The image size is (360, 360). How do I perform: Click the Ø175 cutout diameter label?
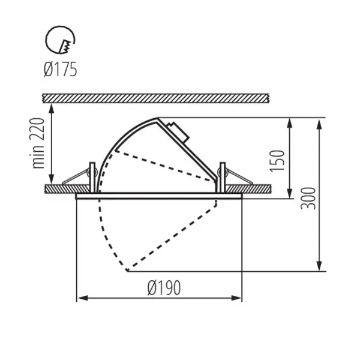coord(60,70)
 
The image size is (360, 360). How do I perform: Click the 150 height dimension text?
coord(277,160)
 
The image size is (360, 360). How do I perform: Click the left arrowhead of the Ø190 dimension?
coord(82,297)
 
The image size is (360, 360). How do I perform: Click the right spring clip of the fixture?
coord(236,176)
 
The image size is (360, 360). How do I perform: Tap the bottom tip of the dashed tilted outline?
coord(127,271)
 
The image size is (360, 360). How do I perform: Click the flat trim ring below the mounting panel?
coord(159,196)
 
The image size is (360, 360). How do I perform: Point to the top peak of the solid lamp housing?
coord(157,118)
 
